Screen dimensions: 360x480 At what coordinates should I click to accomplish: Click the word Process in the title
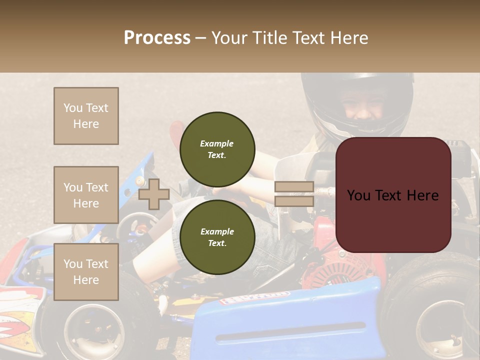click(x=157, y=37)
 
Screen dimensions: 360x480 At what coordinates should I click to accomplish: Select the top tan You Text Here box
click(x=86, y=116)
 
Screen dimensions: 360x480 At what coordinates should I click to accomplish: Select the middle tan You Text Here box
click(x=86, y=195)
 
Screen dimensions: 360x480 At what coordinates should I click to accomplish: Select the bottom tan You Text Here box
click(x=86, y=272)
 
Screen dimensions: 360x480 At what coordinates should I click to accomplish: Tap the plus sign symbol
click(x=154, y=194)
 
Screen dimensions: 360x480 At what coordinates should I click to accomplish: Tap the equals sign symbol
click(x=294, y=194)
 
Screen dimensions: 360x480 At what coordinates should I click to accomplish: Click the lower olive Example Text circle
click(x=217, y=237)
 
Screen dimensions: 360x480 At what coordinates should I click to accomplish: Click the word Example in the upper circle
click(x=217, y=143)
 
